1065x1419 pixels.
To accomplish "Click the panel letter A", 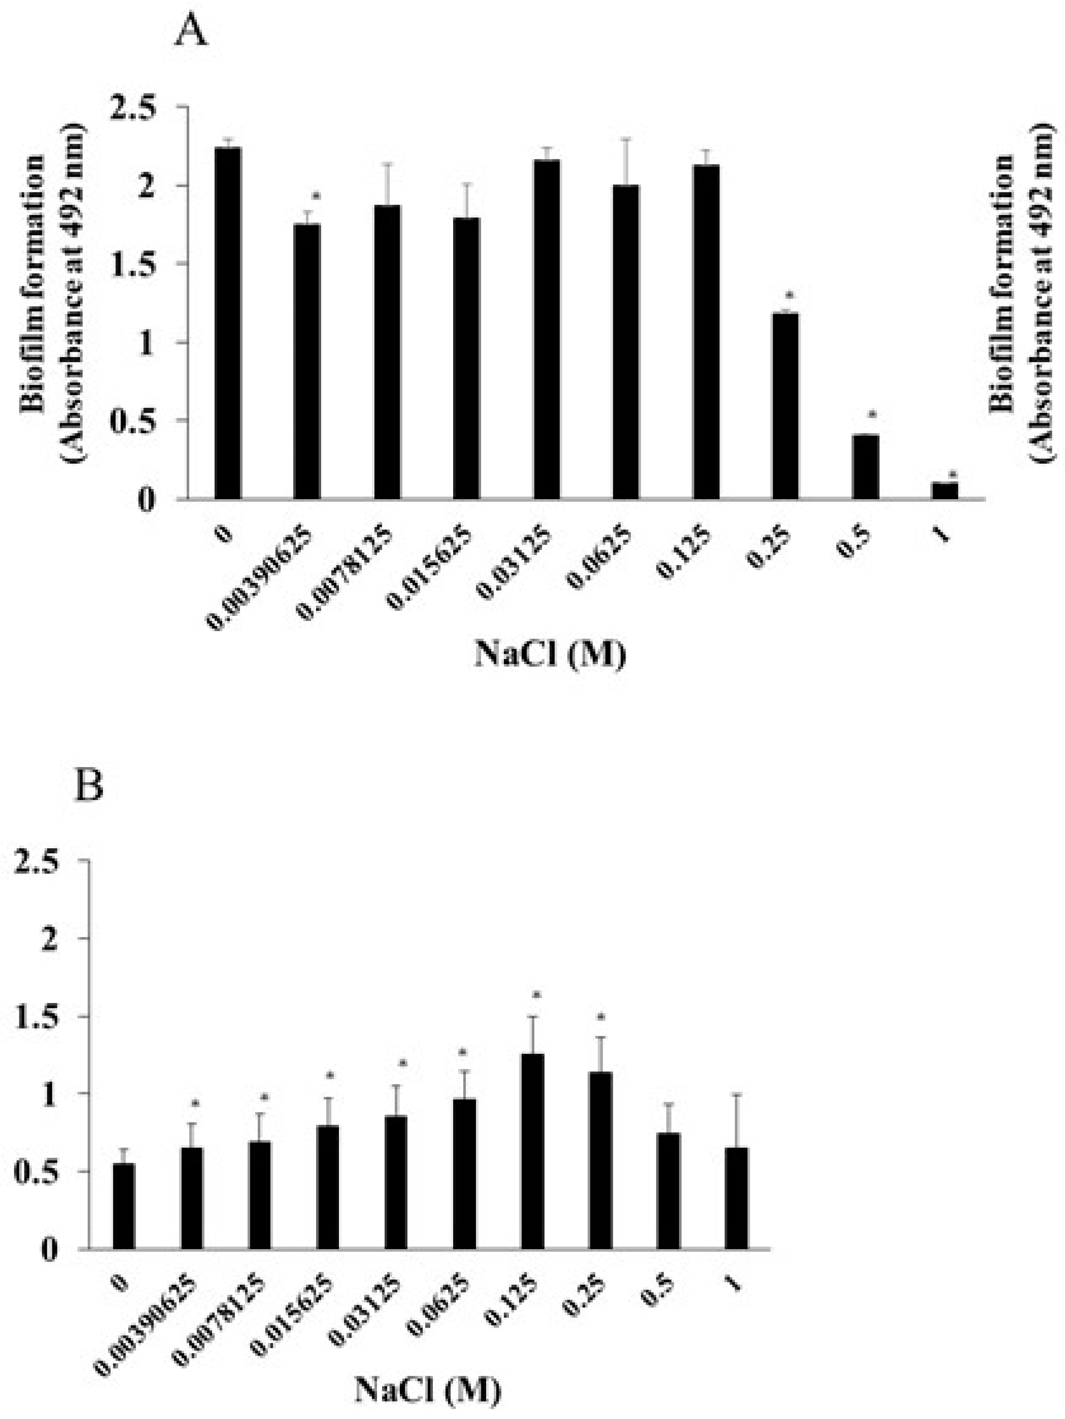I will [x=191, y=31].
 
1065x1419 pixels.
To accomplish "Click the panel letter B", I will [x=89, y=786].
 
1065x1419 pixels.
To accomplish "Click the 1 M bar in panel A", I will [x=944, y=491].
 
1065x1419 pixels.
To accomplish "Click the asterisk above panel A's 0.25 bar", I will [x=790, y=296].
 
